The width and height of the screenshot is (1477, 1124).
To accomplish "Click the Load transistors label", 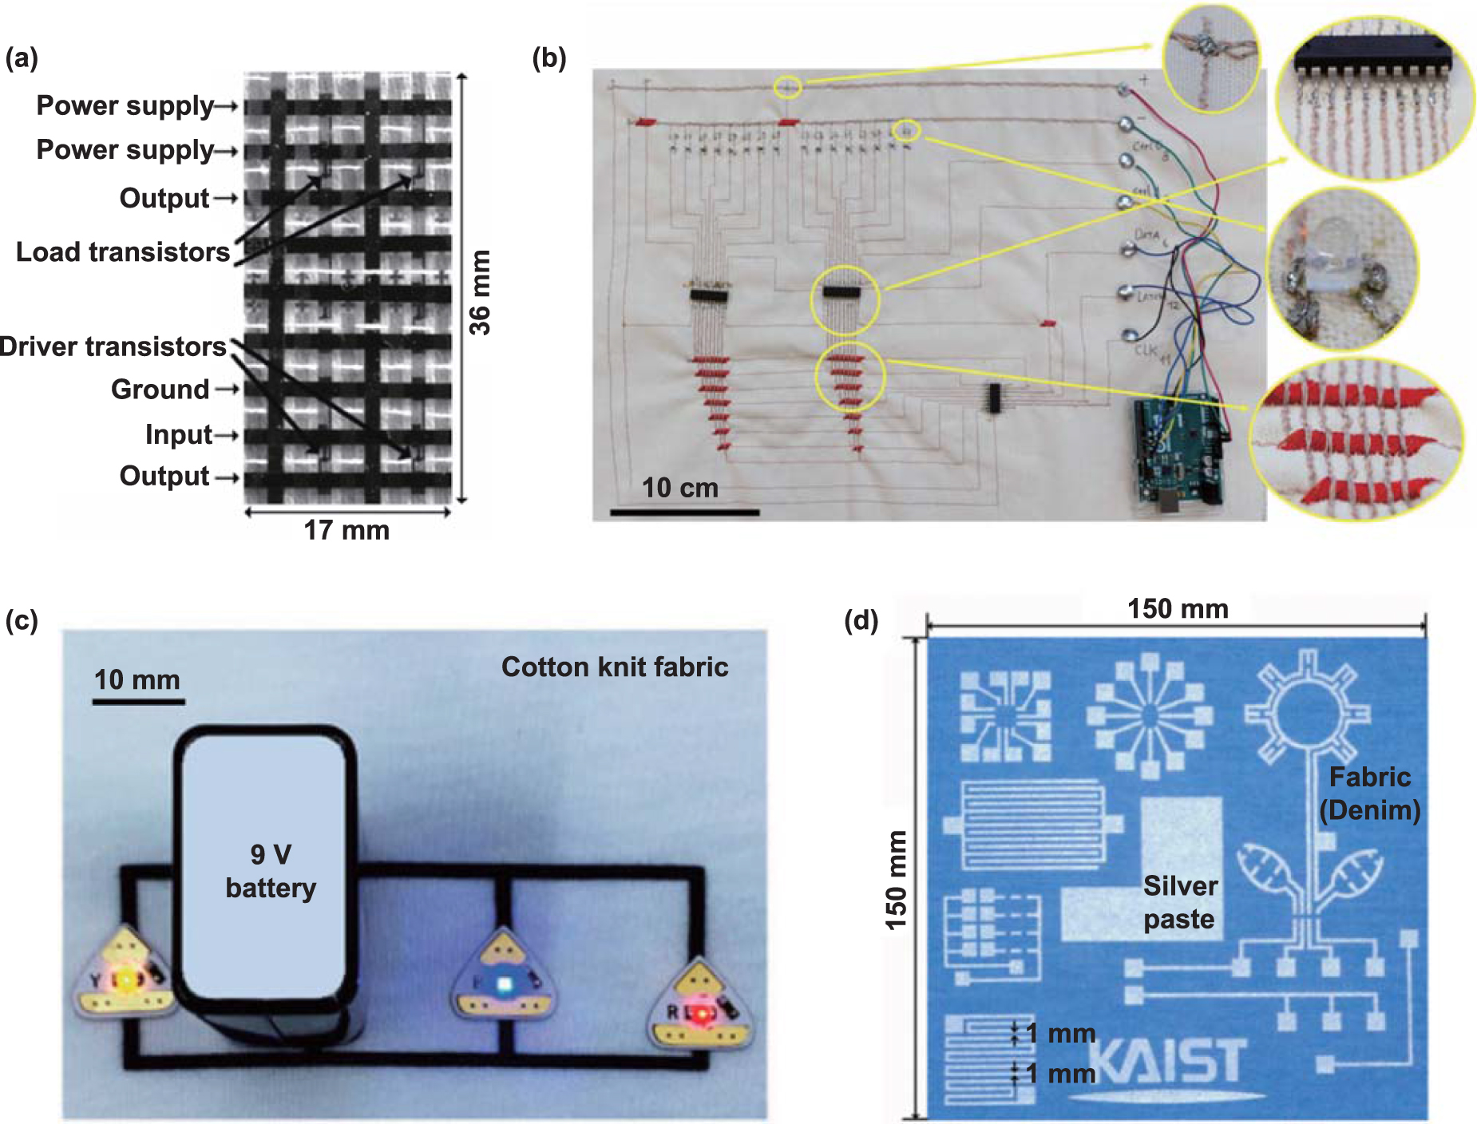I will pyautogui.click(x=123, y=252).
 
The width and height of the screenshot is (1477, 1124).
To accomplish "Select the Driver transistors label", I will pyautogui.click(x=113, y=346).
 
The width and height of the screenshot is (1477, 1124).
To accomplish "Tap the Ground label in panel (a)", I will pyautogui.click(x=160, y=390).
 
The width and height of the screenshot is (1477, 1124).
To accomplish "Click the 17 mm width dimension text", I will pyautogui.click(x=346, y=530).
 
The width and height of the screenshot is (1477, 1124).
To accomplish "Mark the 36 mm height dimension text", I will pyautogui.click(x=479, y=292).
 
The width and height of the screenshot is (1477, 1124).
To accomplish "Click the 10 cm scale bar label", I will pyautogui.click(x=679, y=488).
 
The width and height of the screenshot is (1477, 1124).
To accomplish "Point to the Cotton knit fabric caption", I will pyautogui.click(x=614, y=667).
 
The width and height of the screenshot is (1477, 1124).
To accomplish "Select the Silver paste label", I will pyautogui.click(x=1179, y=902).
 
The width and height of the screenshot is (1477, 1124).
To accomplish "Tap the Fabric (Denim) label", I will pyautogui.click(x=1369, y=794).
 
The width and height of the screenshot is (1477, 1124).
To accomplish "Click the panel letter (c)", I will pyautogui.click(x=22, y=620).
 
